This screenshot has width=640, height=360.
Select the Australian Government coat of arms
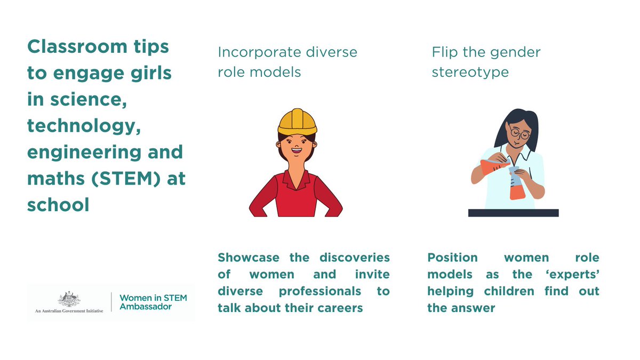pos(67,299)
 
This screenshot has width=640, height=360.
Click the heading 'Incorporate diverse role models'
pos(287,62)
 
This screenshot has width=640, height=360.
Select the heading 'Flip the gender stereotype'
pos(486,62)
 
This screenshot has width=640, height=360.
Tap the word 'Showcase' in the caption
pos(249,258)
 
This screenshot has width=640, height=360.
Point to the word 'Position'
pos(452,258)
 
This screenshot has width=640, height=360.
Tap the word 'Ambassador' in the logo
pos(145,307)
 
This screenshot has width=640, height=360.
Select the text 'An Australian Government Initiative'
pos(66,309)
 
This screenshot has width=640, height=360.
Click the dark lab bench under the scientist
pos(513,213)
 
